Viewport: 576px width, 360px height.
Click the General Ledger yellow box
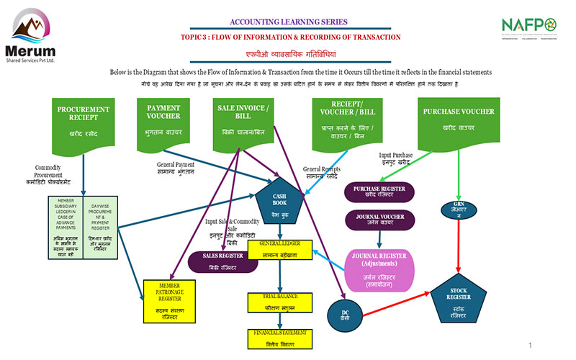(x=279, y=249)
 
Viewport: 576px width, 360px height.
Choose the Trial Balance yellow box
(x=279, y=302)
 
